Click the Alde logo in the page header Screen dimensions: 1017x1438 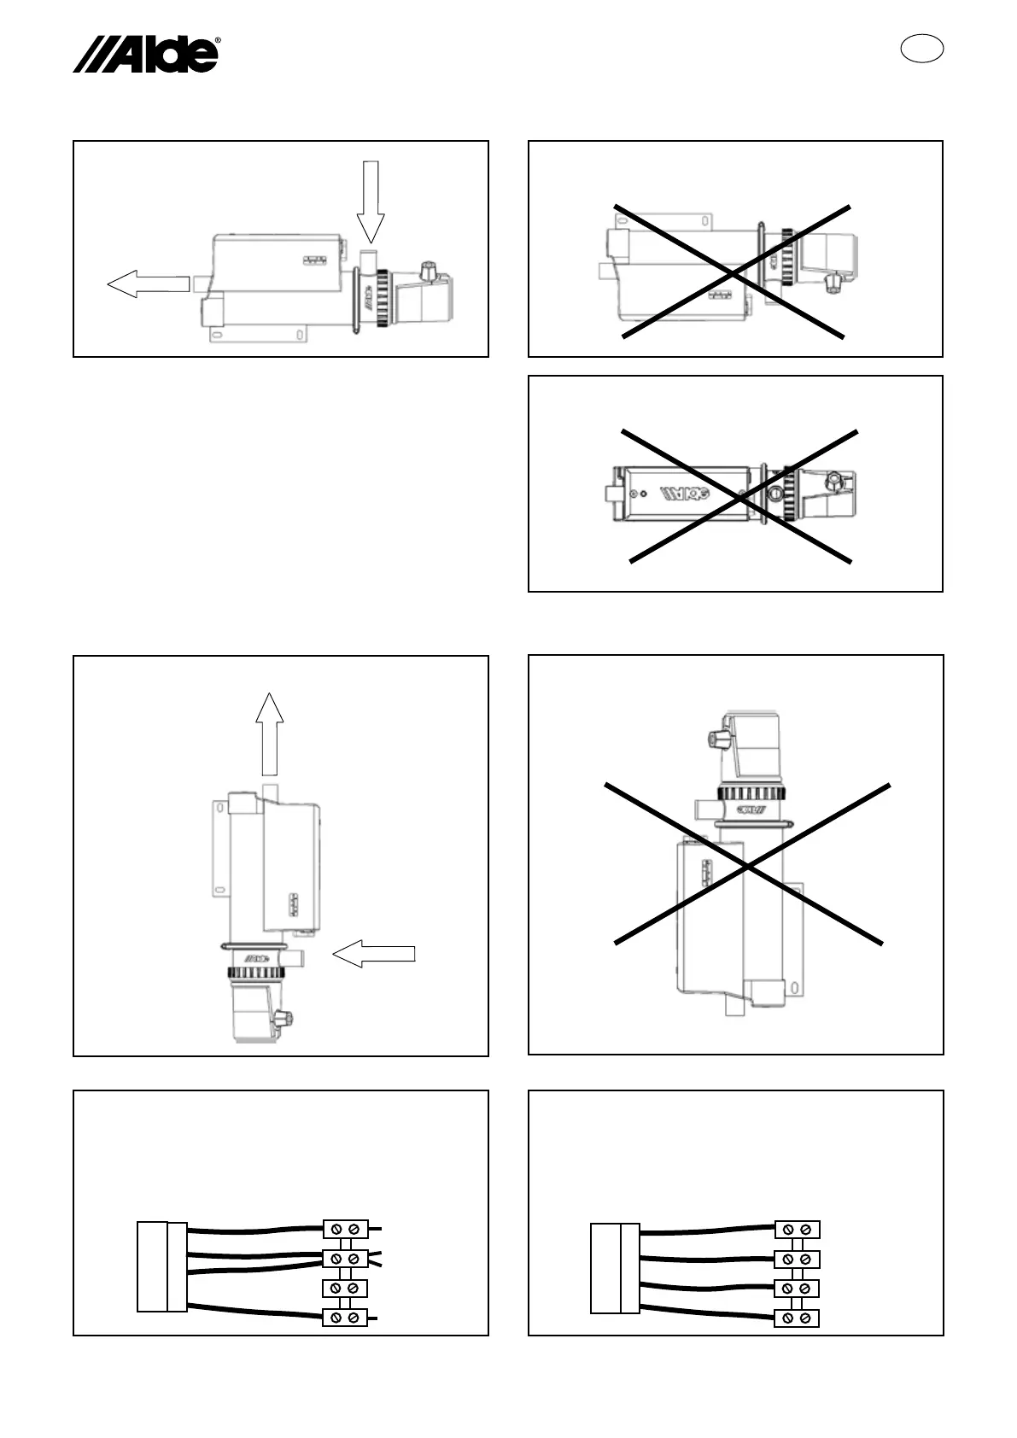point(145,56)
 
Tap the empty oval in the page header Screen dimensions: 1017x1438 point(922,49)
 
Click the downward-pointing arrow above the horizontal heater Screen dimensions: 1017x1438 point(371,201)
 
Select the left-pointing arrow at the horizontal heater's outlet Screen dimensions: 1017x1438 point(147,283)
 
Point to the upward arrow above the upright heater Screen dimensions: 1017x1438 point(270,732)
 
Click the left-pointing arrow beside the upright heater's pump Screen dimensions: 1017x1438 point(374,954)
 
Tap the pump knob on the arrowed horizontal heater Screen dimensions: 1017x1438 point(430,272)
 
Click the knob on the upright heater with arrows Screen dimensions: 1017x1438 point(284,1018)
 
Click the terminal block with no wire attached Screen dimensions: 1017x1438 point(345,1288)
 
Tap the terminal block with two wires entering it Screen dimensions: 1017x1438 point(345,1259)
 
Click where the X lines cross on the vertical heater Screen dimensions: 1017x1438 point(748,867)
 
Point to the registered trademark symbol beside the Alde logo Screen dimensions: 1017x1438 point(218,40)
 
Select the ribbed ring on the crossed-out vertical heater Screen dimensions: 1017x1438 point(751,794)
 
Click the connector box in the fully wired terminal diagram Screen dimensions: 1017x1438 point(615,1268)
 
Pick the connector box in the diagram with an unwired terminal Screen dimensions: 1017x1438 point(162,1266)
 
